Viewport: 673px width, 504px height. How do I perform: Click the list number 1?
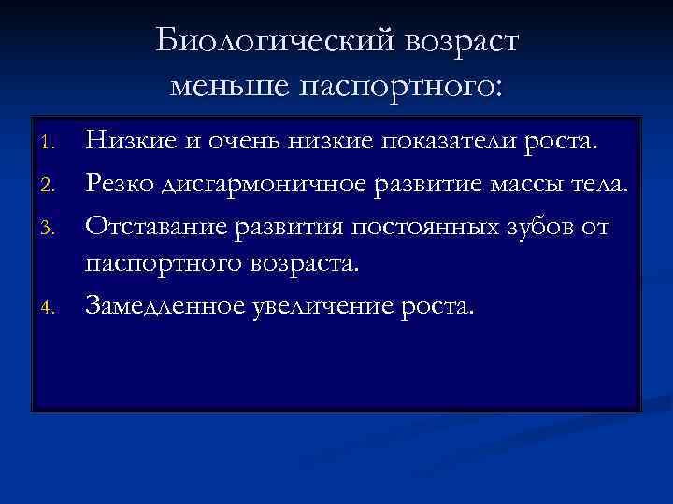[x=52, y=144]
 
